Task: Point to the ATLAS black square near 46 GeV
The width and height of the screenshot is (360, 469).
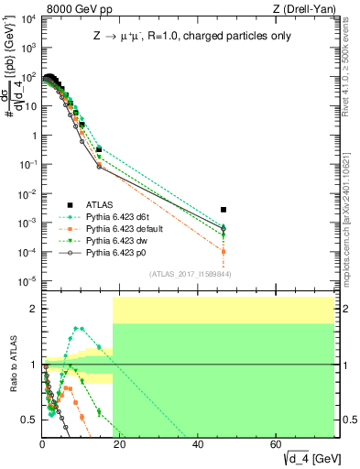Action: point(224,210)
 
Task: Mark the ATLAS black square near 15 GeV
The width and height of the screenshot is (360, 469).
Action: point(99,149)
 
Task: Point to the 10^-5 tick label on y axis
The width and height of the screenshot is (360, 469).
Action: point(28,281)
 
